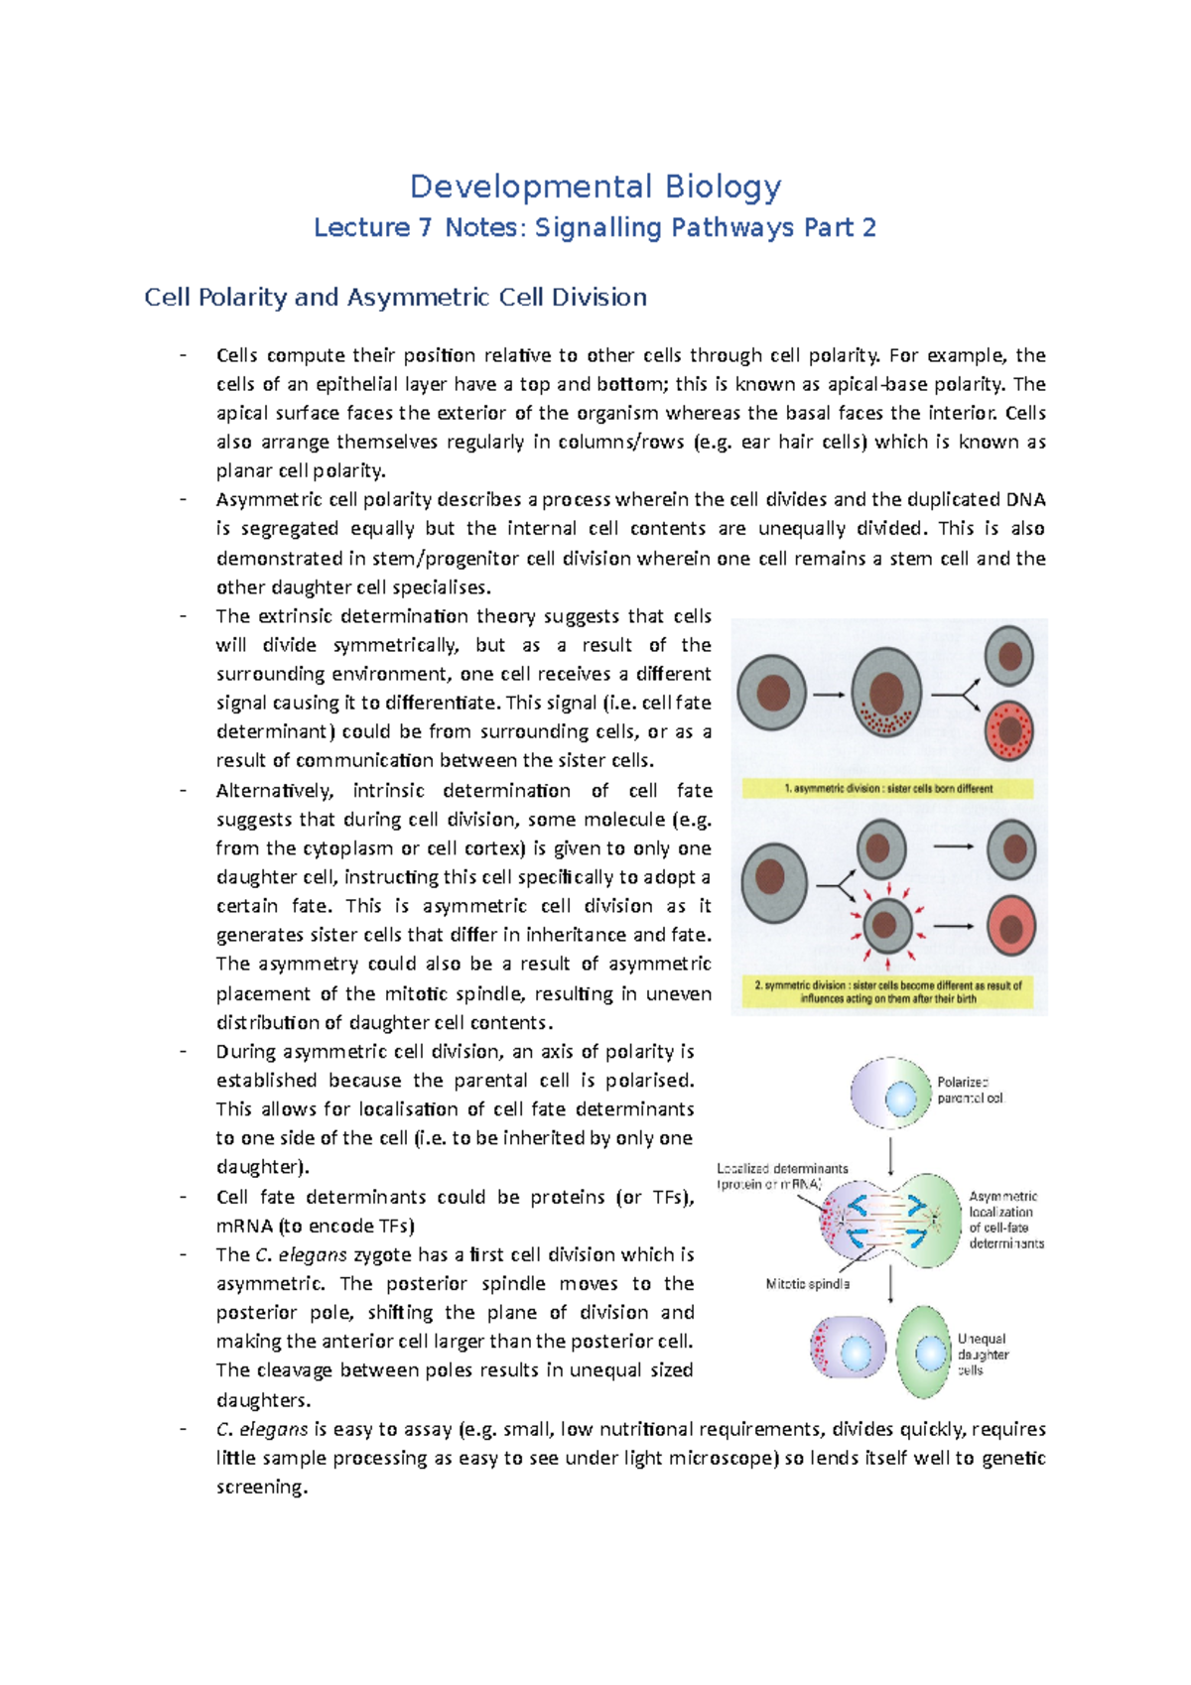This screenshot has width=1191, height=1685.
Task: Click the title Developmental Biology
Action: point(595,186)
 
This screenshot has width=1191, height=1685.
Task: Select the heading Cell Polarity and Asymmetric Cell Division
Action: point(395,297)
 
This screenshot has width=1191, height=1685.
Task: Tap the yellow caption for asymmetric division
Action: point(887,789)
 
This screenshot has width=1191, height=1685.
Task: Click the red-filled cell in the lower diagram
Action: point(1010,927)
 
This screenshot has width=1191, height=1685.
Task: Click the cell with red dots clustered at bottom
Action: point(886,694)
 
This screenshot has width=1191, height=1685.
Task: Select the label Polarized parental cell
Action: point(970,1090)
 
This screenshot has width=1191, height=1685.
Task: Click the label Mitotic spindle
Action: point(807,1284)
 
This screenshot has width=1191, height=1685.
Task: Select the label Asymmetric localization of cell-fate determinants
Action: point(1004,1220)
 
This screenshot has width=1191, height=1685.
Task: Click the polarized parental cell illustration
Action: point(890,1094)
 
